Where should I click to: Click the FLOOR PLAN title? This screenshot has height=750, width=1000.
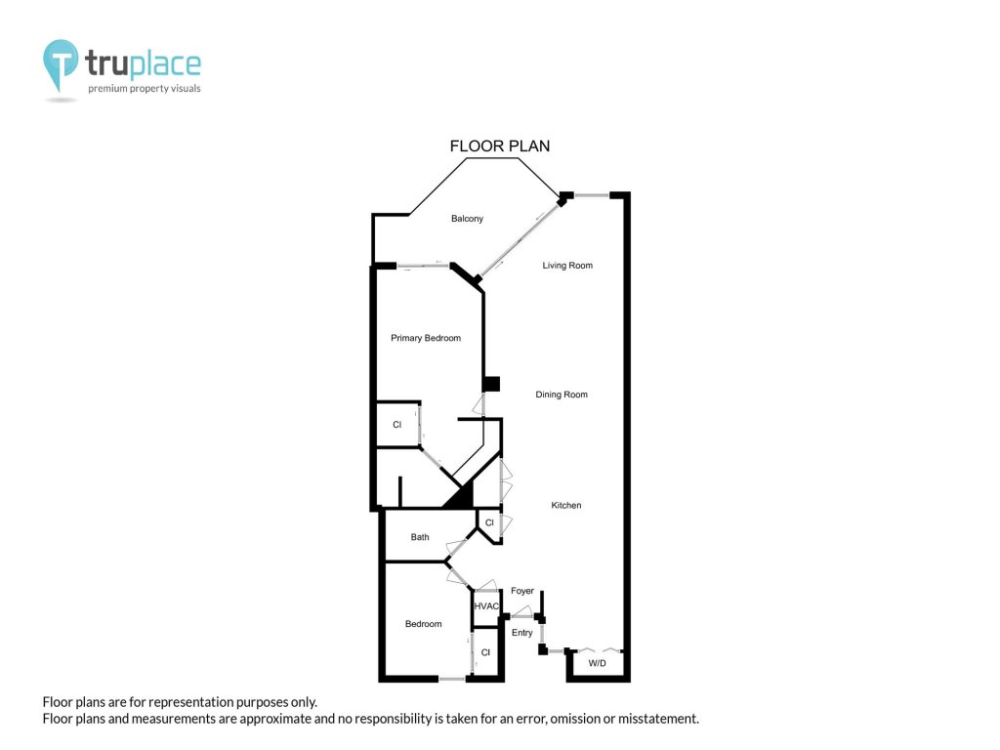click(x=499, y=146)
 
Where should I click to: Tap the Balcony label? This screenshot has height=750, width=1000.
click(x=467, y=219)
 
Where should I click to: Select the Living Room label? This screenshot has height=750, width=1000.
click(x=567, y=266)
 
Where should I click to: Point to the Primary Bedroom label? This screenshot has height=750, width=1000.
click(x=426, y=338)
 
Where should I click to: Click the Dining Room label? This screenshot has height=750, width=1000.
click(x=562, y=395)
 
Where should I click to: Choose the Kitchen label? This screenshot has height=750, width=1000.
click(x=565, y=505)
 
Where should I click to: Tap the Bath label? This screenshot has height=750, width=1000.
click(x=420, y=537)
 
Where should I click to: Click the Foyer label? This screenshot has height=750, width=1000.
click(x=521, y=591)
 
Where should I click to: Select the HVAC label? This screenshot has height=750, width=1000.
click(x=486, y=605)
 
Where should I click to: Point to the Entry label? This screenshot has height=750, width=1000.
click(x=521, y=633)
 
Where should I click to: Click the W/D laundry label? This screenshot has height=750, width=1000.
click(x=597, y=663)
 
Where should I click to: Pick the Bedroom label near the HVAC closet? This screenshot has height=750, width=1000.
click(x=423, y=624)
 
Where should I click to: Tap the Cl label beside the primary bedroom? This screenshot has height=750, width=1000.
click(x=396, y=425)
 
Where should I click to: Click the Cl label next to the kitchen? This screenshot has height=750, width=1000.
click(x=489, y=523)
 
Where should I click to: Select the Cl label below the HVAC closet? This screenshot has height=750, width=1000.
click(x=485, y=652)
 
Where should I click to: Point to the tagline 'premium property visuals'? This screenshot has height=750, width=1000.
click(x=145, y=89)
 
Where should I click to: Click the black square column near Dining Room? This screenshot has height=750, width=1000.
click(x=490, y=384)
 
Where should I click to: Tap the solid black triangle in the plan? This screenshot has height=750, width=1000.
click(x=459, y=495)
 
